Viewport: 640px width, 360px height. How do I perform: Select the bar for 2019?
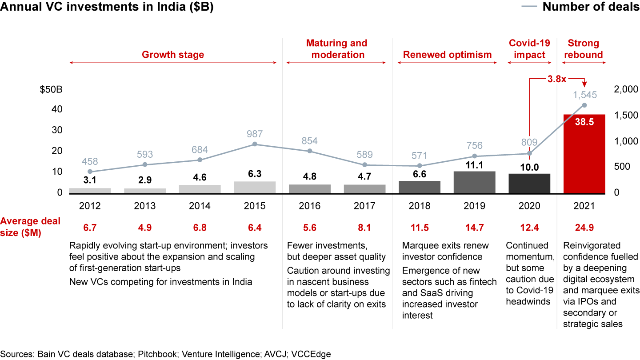pyautogui.click(x=475, y=182)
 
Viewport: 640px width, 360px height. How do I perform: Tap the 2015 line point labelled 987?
pyautogui.click(x=255, y=144)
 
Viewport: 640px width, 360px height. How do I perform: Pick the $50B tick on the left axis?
pyautogui.click(x=51, y=89)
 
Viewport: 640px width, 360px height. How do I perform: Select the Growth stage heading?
pyautogui.click(x=173, y=55)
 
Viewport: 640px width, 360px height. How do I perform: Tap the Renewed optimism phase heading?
pyautogui.click(x=447, y=55)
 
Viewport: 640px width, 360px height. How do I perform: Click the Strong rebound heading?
pyautogui.click(x=584, y=49)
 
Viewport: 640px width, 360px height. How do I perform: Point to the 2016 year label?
pyautogui.click(x=310, y=206)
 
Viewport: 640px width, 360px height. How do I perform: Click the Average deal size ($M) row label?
pyautogui.click(x=30, y=227)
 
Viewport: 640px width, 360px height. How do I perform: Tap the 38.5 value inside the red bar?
pyautogui.click(x=584, y=122)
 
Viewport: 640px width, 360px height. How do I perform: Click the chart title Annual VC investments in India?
pyautogui.click(x=107, y=8)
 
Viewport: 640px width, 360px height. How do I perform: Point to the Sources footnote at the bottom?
pyautogui.click(x=165, y=354)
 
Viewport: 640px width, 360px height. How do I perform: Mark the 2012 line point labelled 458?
pyautogui.click(x=90, y=172)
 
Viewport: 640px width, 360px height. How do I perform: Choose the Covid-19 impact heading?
pyautogui.click(x=529, y=49)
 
